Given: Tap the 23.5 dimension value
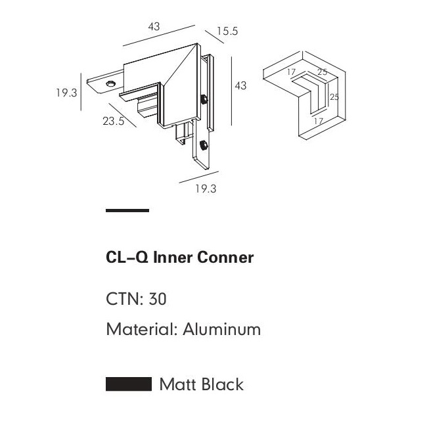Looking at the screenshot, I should tap(113, 121).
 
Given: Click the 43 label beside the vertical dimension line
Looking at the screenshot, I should tap(240, 86).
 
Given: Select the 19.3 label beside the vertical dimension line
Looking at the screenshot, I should tap(66, 93).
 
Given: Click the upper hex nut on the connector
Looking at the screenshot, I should tap(206, 100).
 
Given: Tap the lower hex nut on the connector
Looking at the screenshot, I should tap(202, 145).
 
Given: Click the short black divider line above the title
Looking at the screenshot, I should tap(127, 211).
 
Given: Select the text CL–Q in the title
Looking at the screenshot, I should tap(127, 258).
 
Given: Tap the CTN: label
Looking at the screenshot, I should tap(125, 300).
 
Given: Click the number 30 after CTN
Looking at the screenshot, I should tap(158, 300).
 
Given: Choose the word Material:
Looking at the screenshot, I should tap(142, 329).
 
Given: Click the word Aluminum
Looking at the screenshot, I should tap(222, 329).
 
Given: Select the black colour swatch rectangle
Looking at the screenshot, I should tap(129, 384).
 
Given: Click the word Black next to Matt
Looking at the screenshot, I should tap(223, 384).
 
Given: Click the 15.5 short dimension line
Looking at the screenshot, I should tap(215, 37).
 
